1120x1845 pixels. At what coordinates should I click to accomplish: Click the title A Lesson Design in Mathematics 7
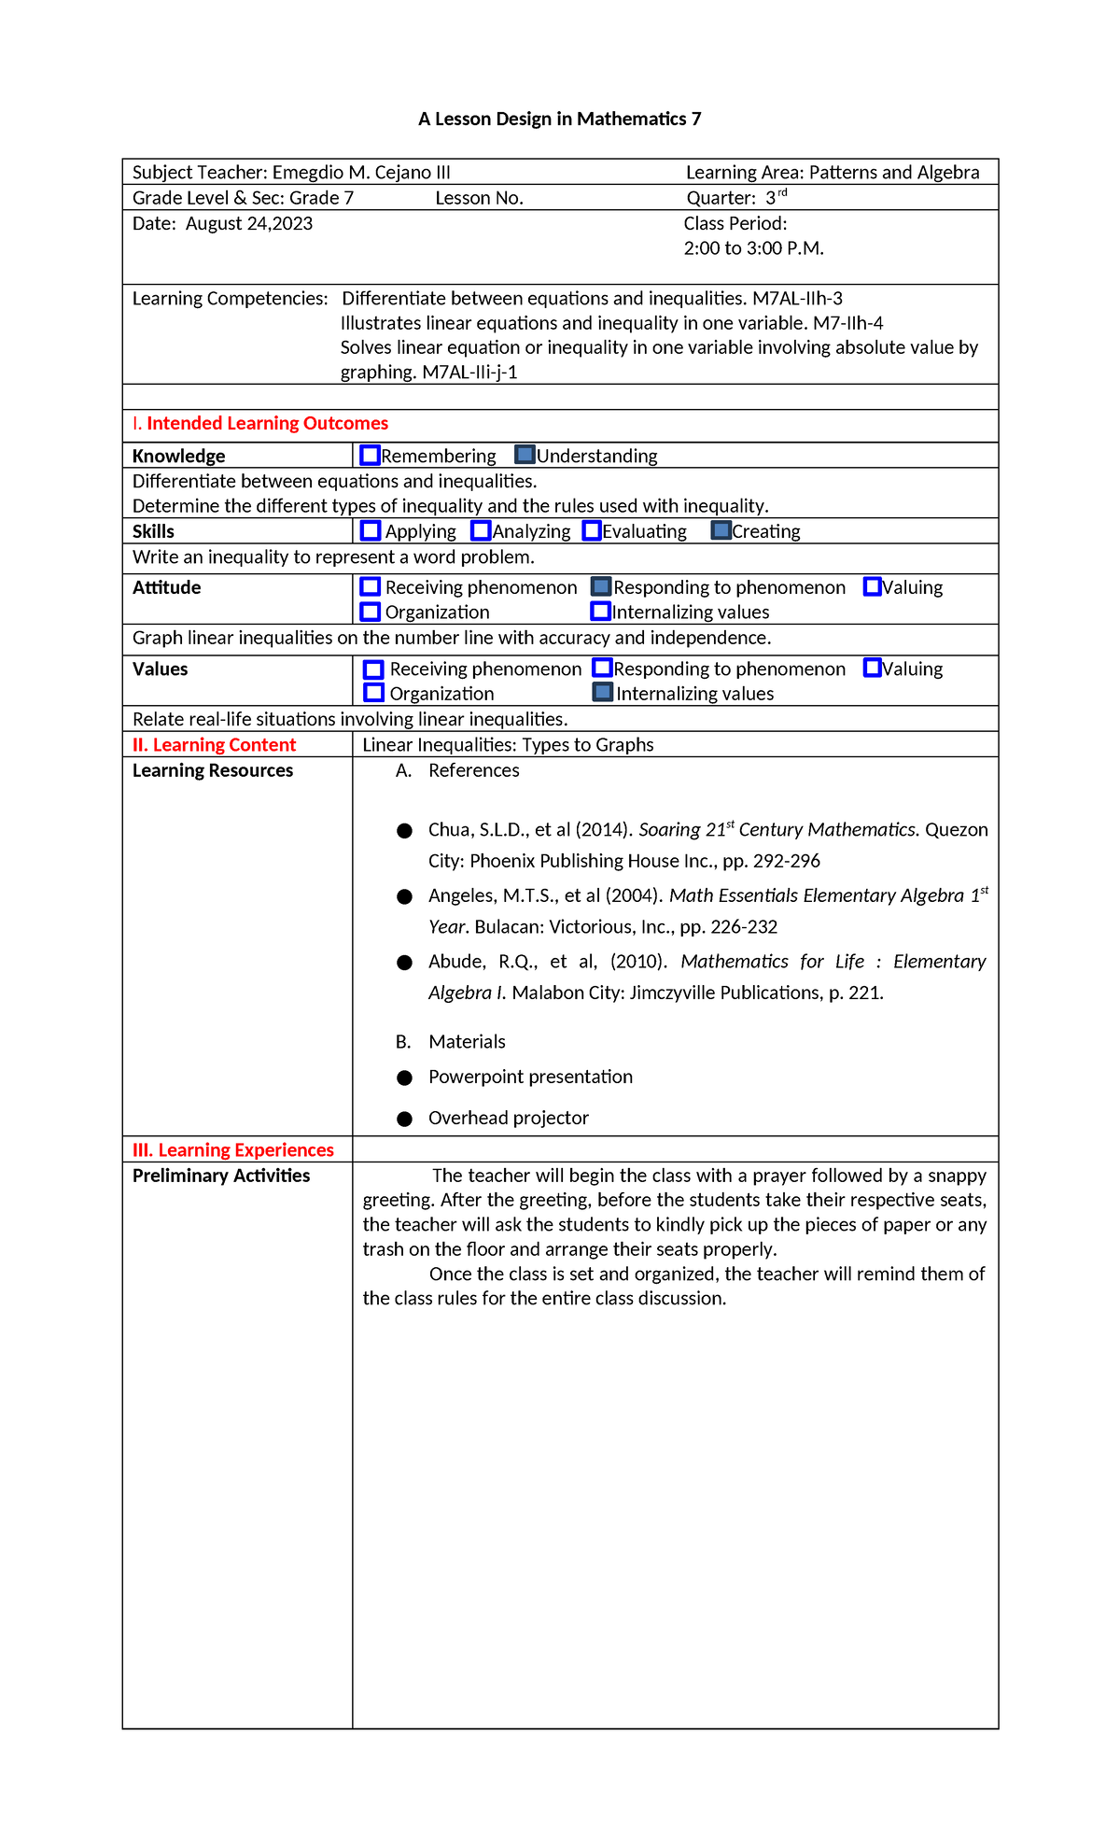click(x=559, y=119)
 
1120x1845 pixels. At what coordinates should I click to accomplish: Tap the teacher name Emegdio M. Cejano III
click(x=361, y=172)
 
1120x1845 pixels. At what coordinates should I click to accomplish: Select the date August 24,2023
click(x=249, y=223)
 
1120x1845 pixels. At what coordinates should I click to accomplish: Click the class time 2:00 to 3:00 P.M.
click(x=753, y=248)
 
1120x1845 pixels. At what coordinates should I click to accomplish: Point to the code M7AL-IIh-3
click(x=797, y=299)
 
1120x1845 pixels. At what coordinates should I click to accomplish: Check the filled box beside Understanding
click(x=525, y=455)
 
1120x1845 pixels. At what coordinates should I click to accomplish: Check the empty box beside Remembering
click(x=370, y=455)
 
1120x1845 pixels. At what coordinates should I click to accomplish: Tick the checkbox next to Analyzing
click(x=481, y=530)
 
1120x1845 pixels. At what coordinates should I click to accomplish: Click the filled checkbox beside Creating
click(x=721, y=530)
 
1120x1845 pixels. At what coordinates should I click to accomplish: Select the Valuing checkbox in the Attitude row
click(x=872, y=586)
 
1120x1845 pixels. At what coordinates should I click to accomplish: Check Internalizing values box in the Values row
click(x=603, y=693)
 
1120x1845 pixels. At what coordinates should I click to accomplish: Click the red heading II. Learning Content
click(x=214, y=745)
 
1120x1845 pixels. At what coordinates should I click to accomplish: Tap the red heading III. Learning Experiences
click(x=232, y=1150)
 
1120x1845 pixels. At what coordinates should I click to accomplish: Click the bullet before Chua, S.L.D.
click(x=404, y=831)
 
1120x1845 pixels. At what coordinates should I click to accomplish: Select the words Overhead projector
click(x=508, y=1118)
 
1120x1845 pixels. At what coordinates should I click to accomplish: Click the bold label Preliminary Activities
click(x=221, y=1176)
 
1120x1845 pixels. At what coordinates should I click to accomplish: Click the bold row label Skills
click(x=153, y=531)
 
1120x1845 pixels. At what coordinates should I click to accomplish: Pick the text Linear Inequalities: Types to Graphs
click(x=508, y=745)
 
